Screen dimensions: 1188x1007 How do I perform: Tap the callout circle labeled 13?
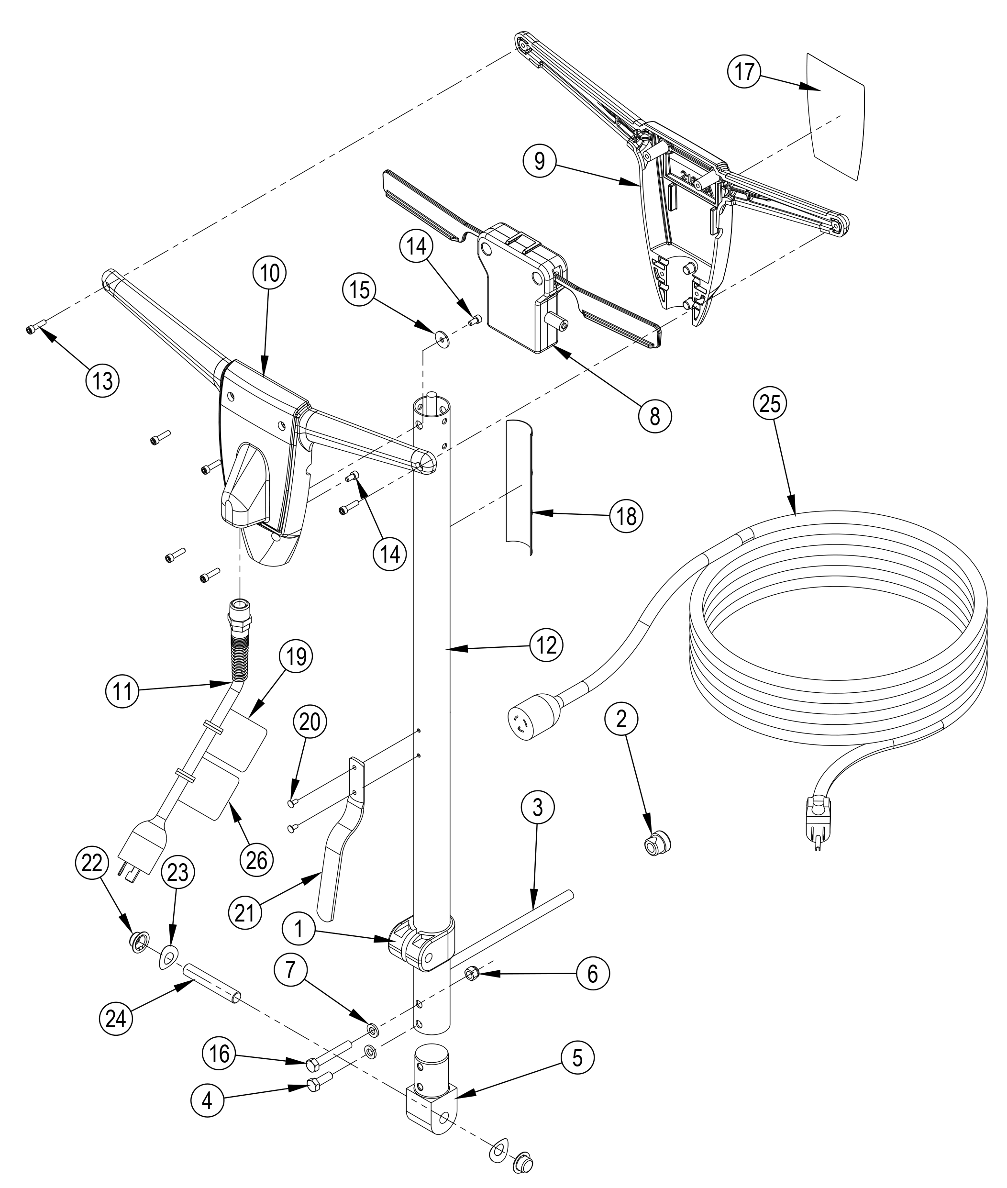click(x=103, y=380)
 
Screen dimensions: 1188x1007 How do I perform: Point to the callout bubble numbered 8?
click(x=655, y=416)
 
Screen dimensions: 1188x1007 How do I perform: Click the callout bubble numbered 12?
click(x=546, y=645)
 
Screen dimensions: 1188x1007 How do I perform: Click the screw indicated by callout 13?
click(x=35, y=328)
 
